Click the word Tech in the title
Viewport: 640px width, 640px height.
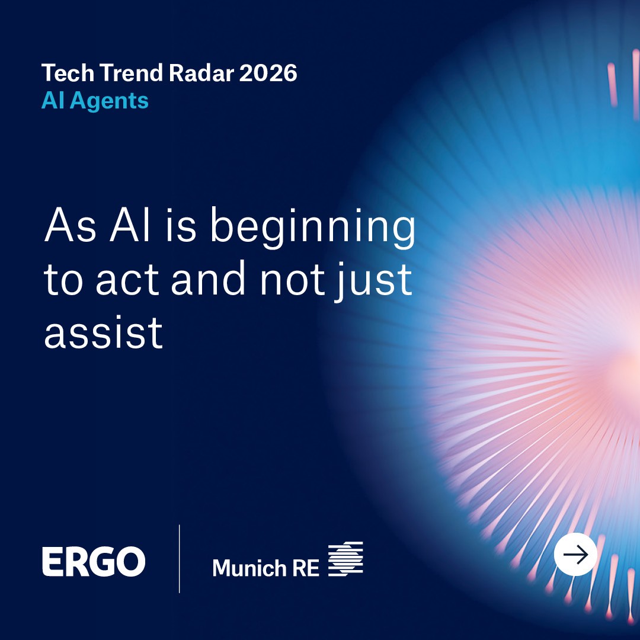pyautogui.click(x=68, y=73)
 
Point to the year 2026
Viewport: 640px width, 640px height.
pyautogui.click(x=268, y=73)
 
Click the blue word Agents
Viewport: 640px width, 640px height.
pyautogui.click(x=109, y=101)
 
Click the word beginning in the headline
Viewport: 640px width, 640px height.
pyautogui.click(x=313, y=228)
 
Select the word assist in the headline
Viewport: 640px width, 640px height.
pyautogui.click(x=104, y=332)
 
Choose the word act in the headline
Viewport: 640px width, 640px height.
pyautogui.click(x=127, y=280)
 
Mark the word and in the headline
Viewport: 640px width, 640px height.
pyautogui.click(x=208, y=278)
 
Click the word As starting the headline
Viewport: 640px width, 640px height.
pyautogui.click(x=70, y=225)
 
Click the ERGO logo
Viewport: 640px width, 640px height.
pyautogui.click(x=94, y=562)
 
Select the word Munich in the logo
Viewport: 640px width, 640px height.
pyautogui.click(x=249, y=568)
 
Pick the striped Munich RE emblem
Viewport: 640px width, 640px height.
pyautogui.click(x=345, y=559)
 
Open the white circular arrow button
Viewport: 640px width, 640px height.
pyautogui.click(x=575, y=554)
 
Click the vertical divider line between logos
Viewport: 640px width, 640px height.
pyautogui.click(x=179, y=559)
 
